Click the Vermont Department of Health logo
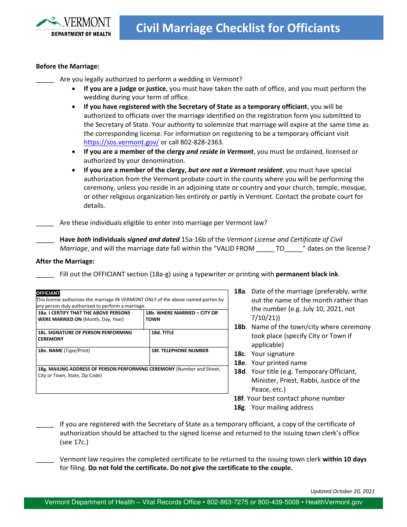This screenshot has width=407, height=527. click(x=73, y=27)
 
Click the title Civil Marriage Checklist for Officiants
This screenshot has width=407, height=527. click(x=238, y=28)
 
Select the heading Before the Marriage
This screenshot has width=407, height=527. click(x=68, y=66)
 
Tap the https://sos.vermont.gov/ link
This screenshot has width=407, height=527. click(x=121, y=143)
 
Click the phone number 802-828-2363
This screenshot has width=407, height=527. click(x=199, y=143)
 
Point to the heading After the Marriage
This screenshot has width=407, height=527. click(x=65, y=261)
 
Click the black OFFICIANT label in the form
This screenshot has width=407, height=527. click(x=48, y=293)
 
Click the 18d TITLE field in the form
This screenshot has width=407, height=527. click(x=189, y=338)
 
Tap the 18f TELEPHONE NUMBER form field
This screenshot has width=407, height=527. click(x=189, y=356)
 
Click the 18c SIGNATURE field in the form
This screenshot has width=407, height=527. click(x=93, y=338)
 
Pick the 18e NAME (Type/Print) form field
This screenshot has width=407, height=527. click(x=93, y=356)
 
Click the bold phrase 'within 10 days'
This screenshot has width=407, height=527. click(x=344, y=459)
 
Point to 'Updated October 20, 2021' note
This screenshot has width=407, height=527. click(x=342, y=491)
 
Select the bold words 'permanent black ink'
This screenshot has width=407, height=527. click(x=308, y=274)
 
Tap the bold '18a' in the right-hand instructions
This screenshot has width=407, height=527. click(x=239, y=291)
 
